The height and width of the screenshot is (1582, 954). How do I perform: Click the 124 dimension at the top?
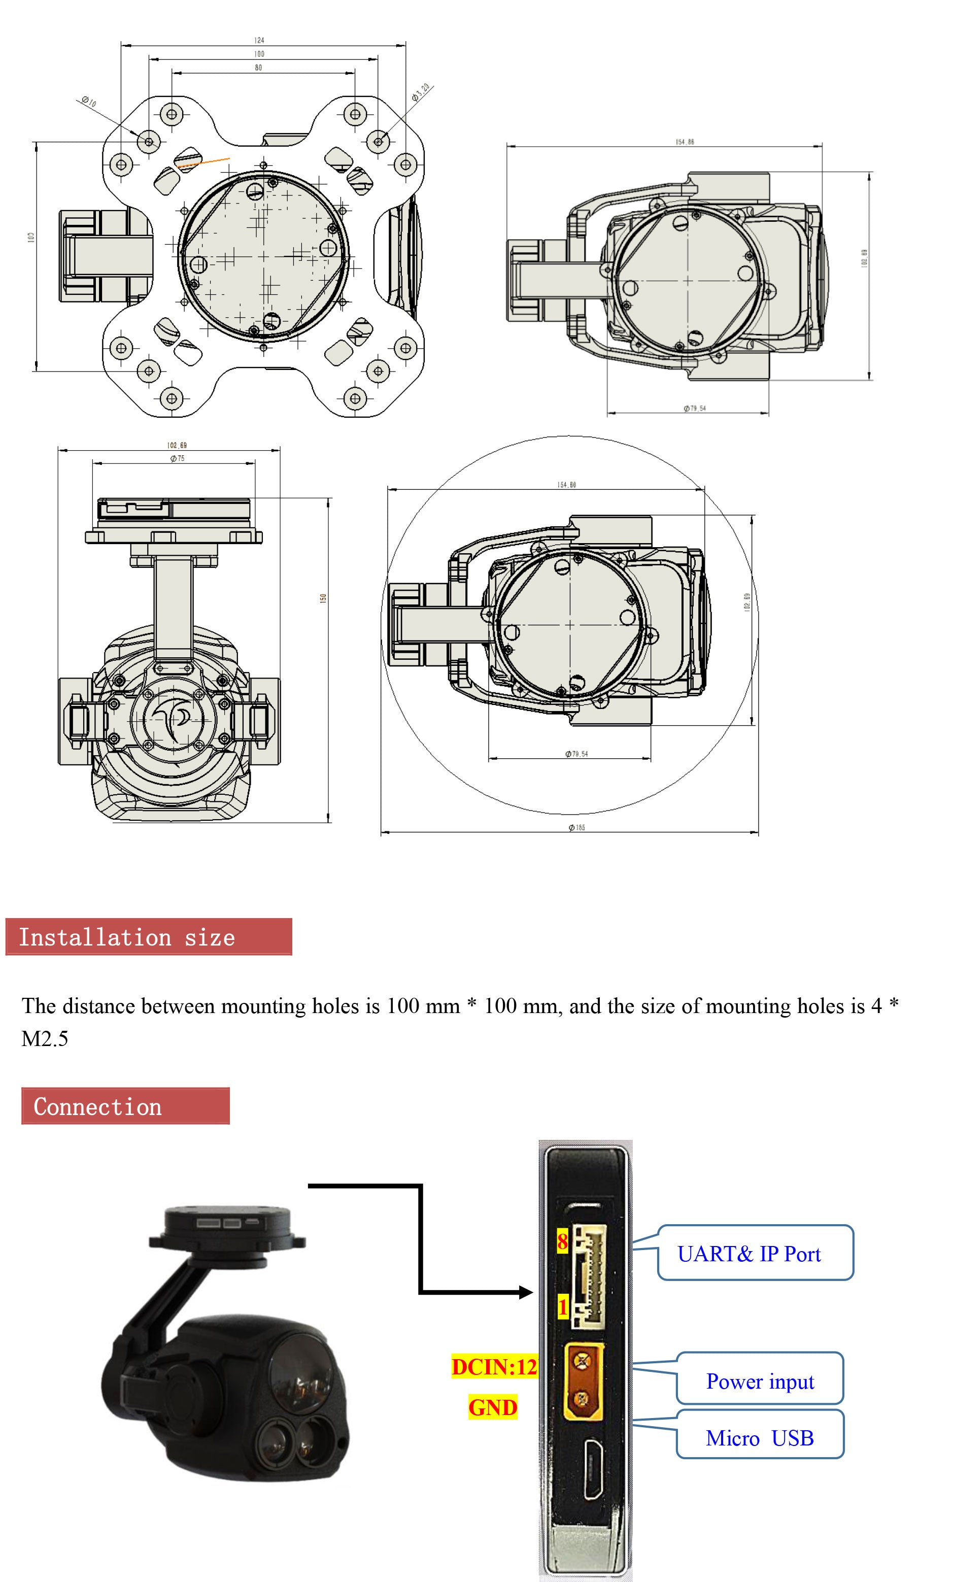(x=259, y=40)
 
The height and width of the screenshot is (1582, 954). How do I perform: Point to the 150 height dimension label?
(x=323, y=597)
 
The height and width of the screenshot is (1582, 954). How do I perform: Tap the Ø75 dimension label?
(x=177, y=458)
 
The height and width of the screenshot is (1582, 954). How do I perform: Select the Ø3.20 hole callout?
(x=421, y=93)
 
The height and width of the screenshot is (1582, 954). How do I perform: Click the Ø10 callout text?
(x=89, y=102)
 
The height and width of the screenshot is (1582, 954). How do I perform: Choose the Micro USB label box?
(x=760, y=1437)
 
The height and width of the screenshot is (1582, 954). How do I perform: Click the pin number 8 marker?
(x=562, y=1241)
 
